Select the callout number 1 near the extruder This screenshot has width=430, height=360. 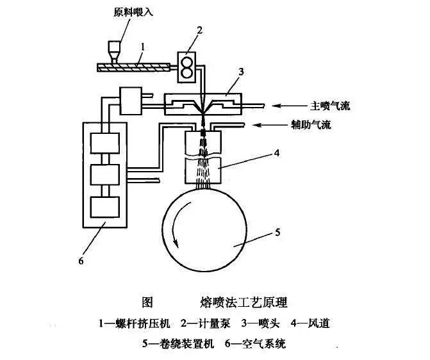(144, 45)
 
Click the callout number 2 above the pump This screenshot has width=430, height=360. (199, 30)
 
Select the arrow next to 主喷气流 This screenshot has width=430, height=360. (292, 105)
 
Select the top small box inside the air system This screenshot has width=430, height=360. (105, 142)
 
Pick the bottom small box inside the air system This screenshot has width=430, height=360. (105, 207)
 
